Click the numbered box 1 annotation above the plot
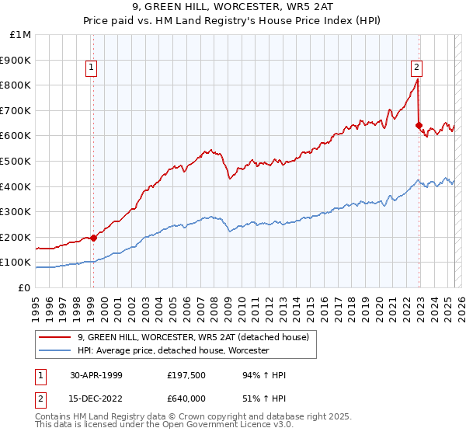tap(92, 68)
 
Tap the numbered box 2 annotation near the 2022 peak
tap(417, 68)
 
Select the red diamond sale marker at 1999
tap(93, 238)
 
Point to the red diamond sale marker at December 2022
tap(419, 125)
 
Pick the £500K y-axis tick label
tap(16, 162)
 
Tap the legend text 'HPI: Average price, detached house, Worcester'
tap(173, 351)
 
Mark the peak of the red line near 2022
tap(418, 79)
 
